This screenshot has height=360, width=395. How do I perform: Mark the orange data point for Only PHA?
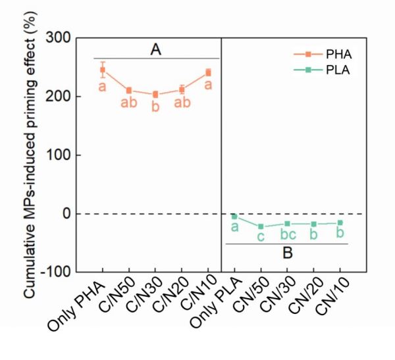tap(103, 70)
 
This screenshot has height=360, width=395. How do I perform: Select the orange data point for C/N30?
tap(155, 95)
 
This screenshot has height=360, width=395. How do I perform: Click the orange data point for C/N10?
tap(208, 73)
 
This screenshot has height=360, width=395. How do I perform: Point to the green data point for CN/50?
tap(261, 226)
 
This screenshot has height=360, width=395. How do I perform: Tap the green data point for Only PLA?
tap(234, 216)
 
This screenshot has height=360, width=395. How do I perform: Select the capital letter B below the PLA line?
tap(288, 253)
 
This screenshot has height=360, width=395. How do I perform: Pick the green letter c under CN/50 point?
tap(261, 237)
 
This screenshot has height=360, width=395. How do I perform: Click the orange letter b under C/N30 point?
tap(155, 107)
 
